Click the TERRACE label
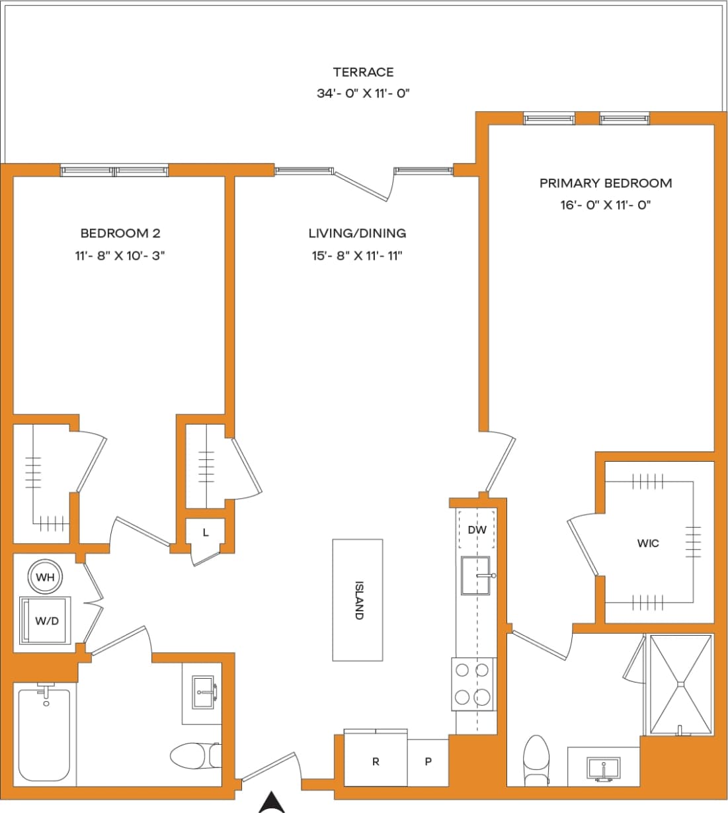[363, 72]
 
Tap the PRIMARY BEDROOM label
[605, 183]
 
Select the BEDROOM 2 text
[120, 233]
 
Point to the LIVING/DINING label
[357, 233]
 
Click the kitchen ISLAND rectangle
[357, 599]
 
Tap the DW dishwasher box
[477, 529]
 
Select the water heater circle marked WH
[45, 578]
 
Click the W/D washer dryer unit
[46, 621]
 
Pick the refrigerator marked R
[376, 761]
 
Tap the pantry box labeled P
[428, 761]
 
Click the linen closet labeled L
[206, 533]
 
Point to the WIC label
[647, 543]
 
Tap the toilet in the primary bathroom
[536, 757]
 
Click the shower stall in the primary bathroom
[681, 684]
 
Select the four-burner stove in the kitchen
[473, 684]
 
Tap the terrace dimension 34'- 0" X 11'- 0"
[363, 94]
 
